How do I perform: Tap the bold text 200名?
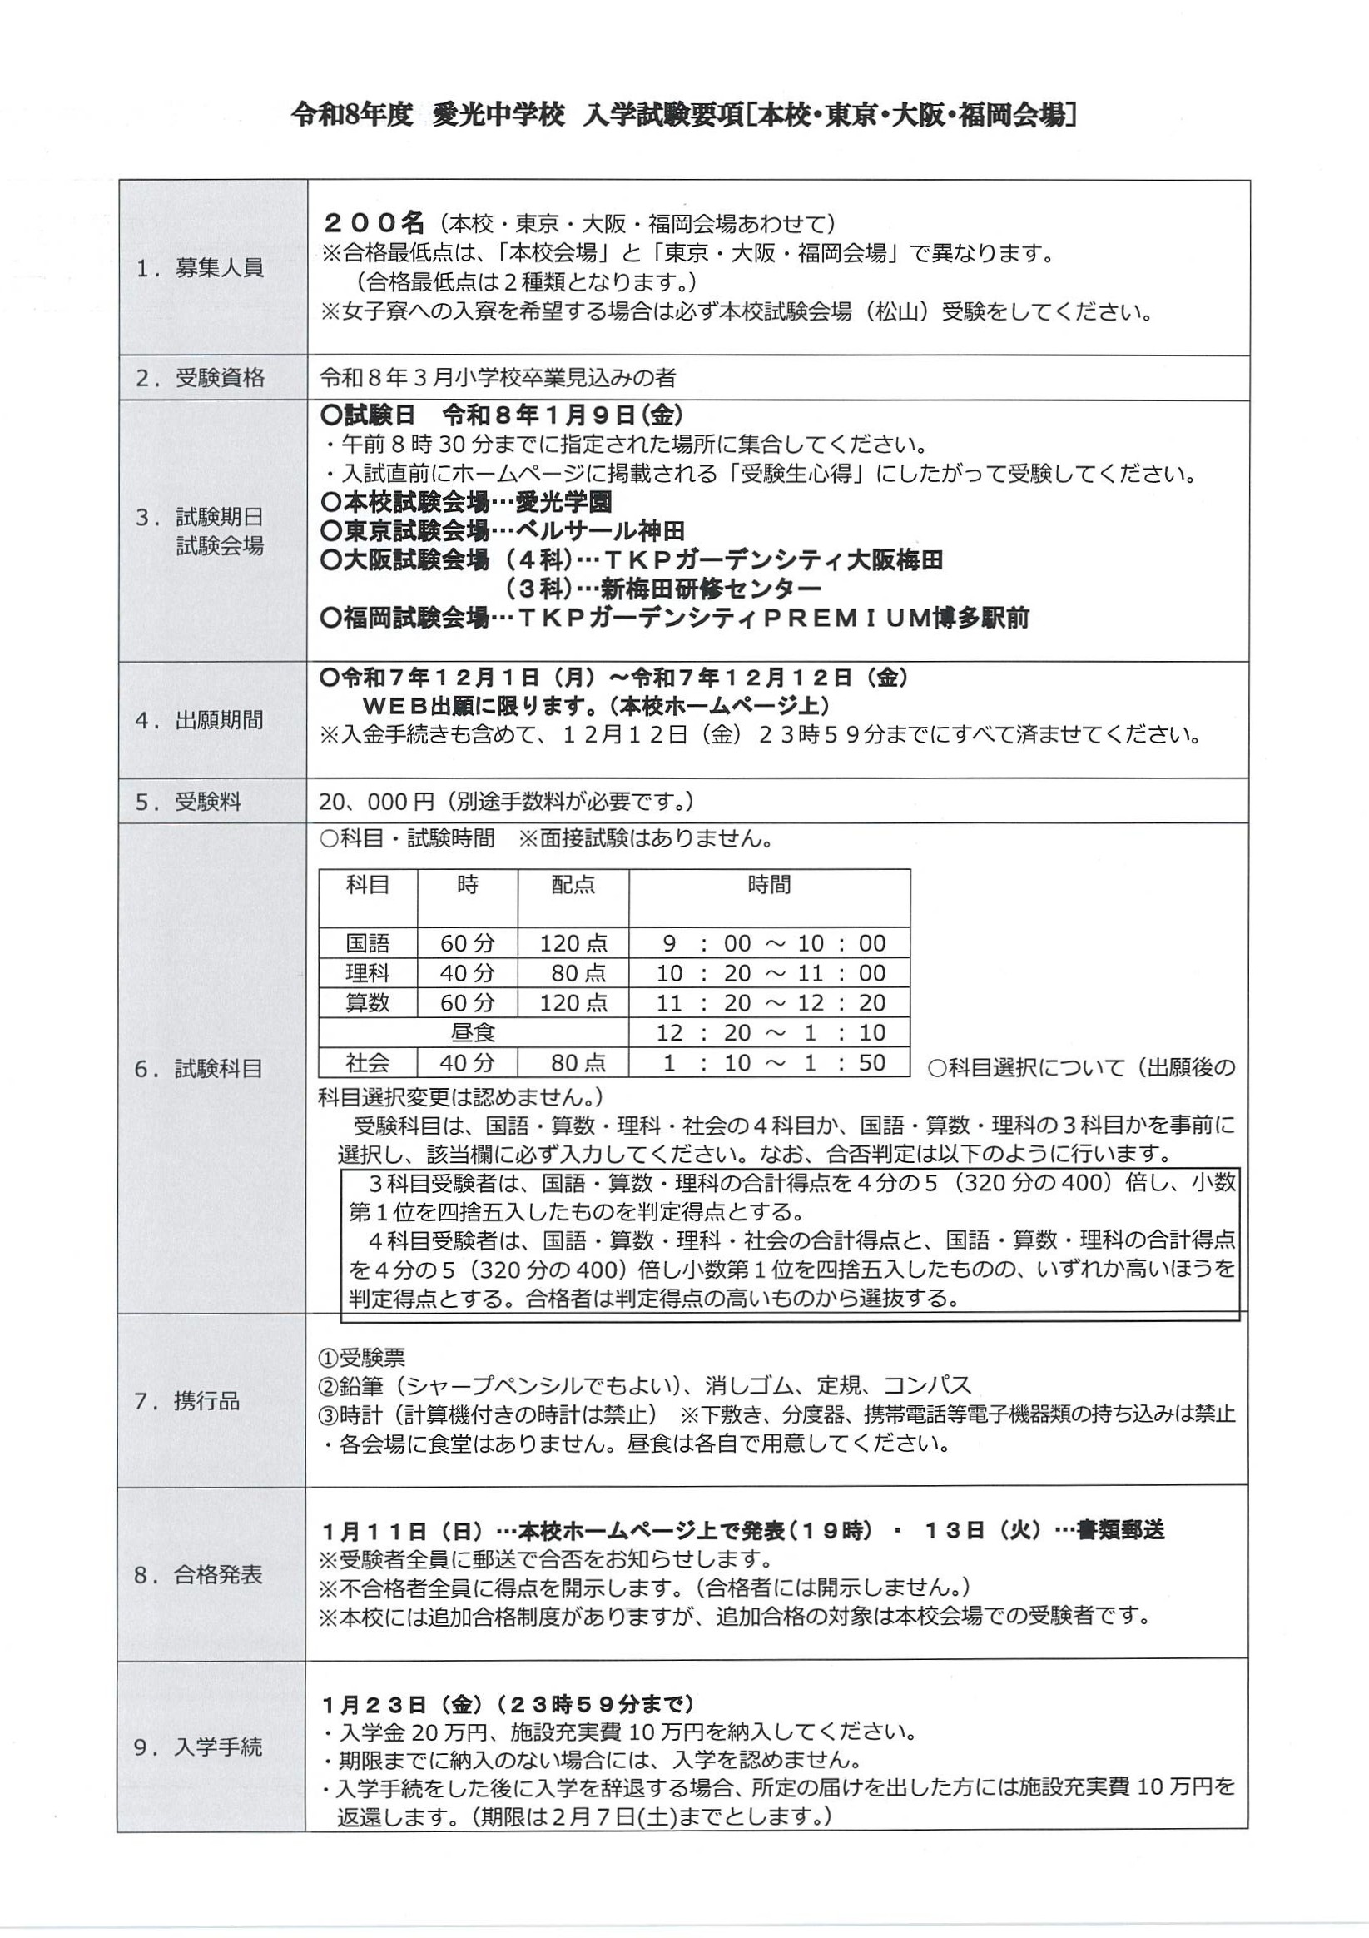click(374, 223)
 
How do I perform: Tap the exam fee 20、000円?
click(376, 801)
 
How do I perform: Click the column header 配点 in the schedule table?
click(573, 885)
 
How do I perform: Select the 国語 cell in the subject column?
click(367, 943)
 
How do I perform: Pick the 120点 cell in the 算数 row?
click(573, 1003)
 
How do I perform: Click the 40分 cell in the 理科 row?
click(467, 973)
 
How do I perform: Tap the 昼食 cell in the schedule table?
click(473, 1032)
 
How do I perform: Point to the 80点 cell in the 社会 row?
click(578, 1063)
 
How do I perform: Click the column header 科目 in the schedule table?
click(367, 885)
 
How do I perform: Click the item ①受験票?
click(362, 1358)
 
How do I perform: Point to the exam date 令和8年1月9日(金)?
click(562, 415)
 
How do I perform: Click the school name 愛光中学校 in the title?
click(498, 116)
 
